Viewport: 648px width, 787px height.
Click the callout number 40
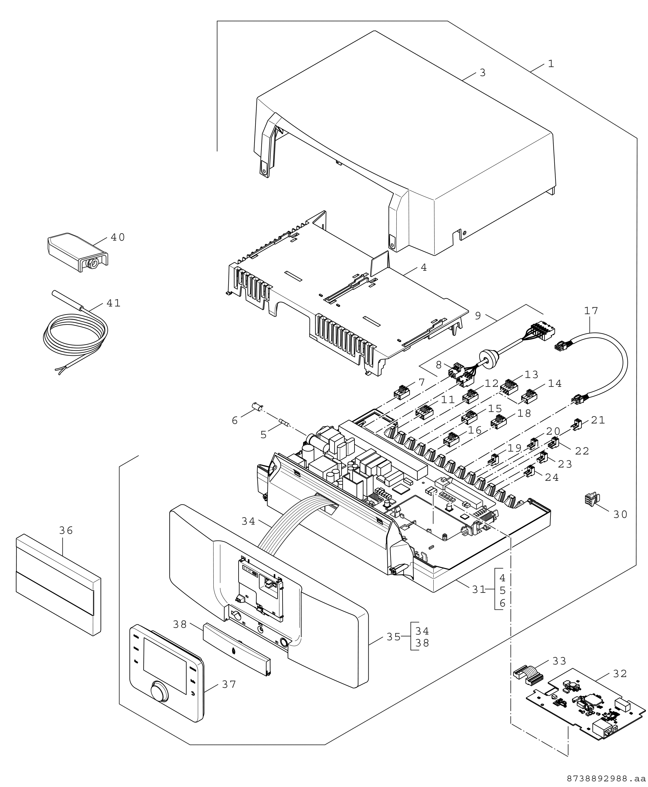[x=118, y=237]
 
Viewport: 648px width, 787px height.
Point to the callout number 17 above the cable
[x=591, y=311]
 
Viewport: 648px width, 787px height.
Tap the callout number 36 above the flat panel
[x=66, y=530]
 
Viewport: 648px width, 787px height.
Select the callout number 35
[x=393, y=637]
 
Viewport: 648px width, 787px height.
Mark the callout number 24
[x=552, y=477]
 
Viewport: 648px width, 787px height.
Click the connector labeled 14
[x=529, y=397]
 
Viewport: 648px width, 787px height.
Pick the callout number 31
[x=479, y=590]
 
